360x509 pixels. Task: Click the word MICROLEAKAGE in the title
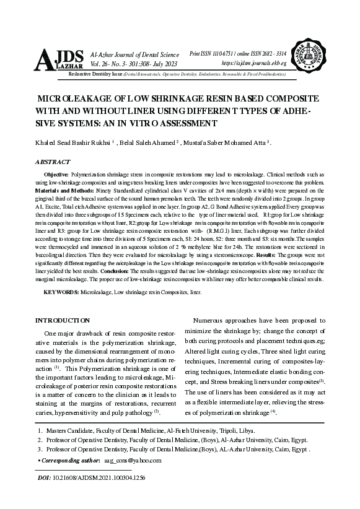(75, 99)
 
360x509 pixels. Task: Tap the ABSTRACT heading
(53, 162)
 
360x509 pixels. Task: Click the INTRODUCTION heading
(63, 320)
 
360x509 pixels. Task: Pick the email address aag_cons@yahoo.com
(133, 460)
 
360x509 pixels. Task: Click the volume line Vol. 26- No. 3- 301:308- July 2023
(134, 64)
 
